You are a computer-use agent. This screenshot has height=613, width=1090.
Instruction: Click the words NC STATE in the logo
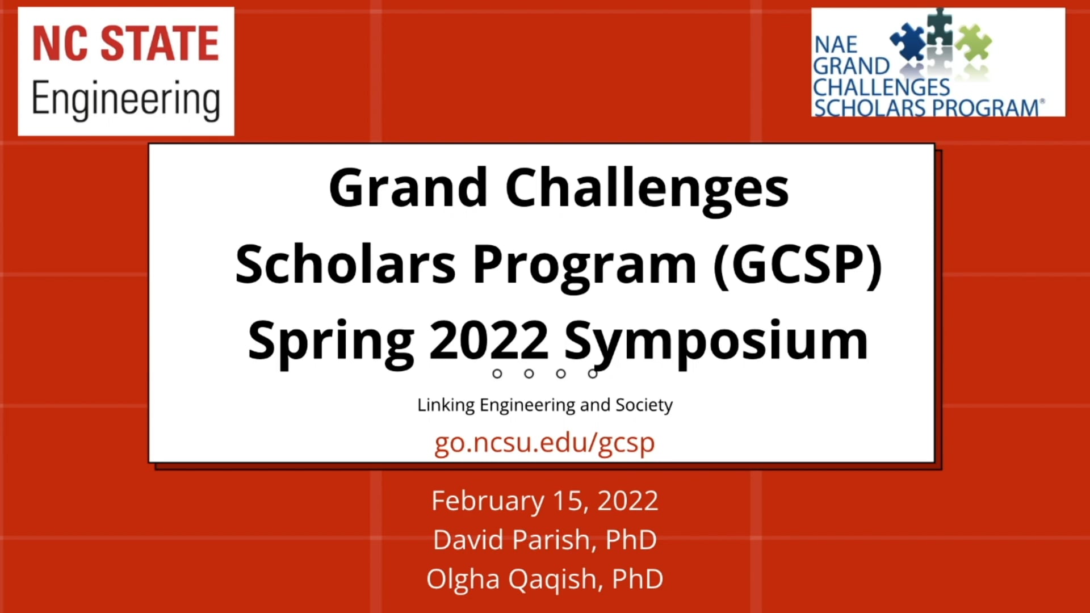125,44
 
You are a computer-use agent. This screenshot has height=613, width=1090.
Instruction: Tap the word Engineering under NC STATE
125,99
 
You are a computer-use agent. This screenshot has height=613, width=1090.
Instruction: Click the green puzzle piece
974,43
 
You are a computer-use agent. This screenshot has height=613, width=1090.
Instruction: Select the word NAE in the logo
836,45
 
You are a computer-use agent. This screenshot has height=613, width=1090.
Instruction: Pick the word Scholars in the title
345,264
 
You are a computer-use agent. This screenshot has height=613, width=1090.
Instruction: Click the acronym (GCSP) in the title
798,264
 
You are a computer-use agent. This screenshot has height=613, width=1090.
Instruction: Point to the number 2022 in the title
489,341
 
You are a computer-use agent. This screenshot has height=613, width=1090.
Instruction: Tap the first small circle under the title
497,373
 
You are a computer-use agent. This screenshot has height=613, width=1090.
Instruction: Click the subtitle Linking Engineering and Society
544,405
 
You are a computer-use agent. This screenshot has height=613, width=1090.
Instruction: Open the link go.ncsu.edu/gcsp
544,443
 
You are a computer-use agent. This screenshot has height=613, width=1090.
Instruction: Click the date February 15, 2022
544,501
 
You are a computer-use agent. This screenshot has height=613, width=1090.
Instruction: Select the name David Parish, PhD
544,539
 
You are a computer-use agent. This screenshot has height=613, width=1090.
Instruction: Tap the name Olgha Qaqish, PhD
544,579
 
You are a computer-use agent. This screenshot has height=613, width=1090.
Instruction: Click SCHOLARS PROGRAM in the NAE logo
927,108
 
